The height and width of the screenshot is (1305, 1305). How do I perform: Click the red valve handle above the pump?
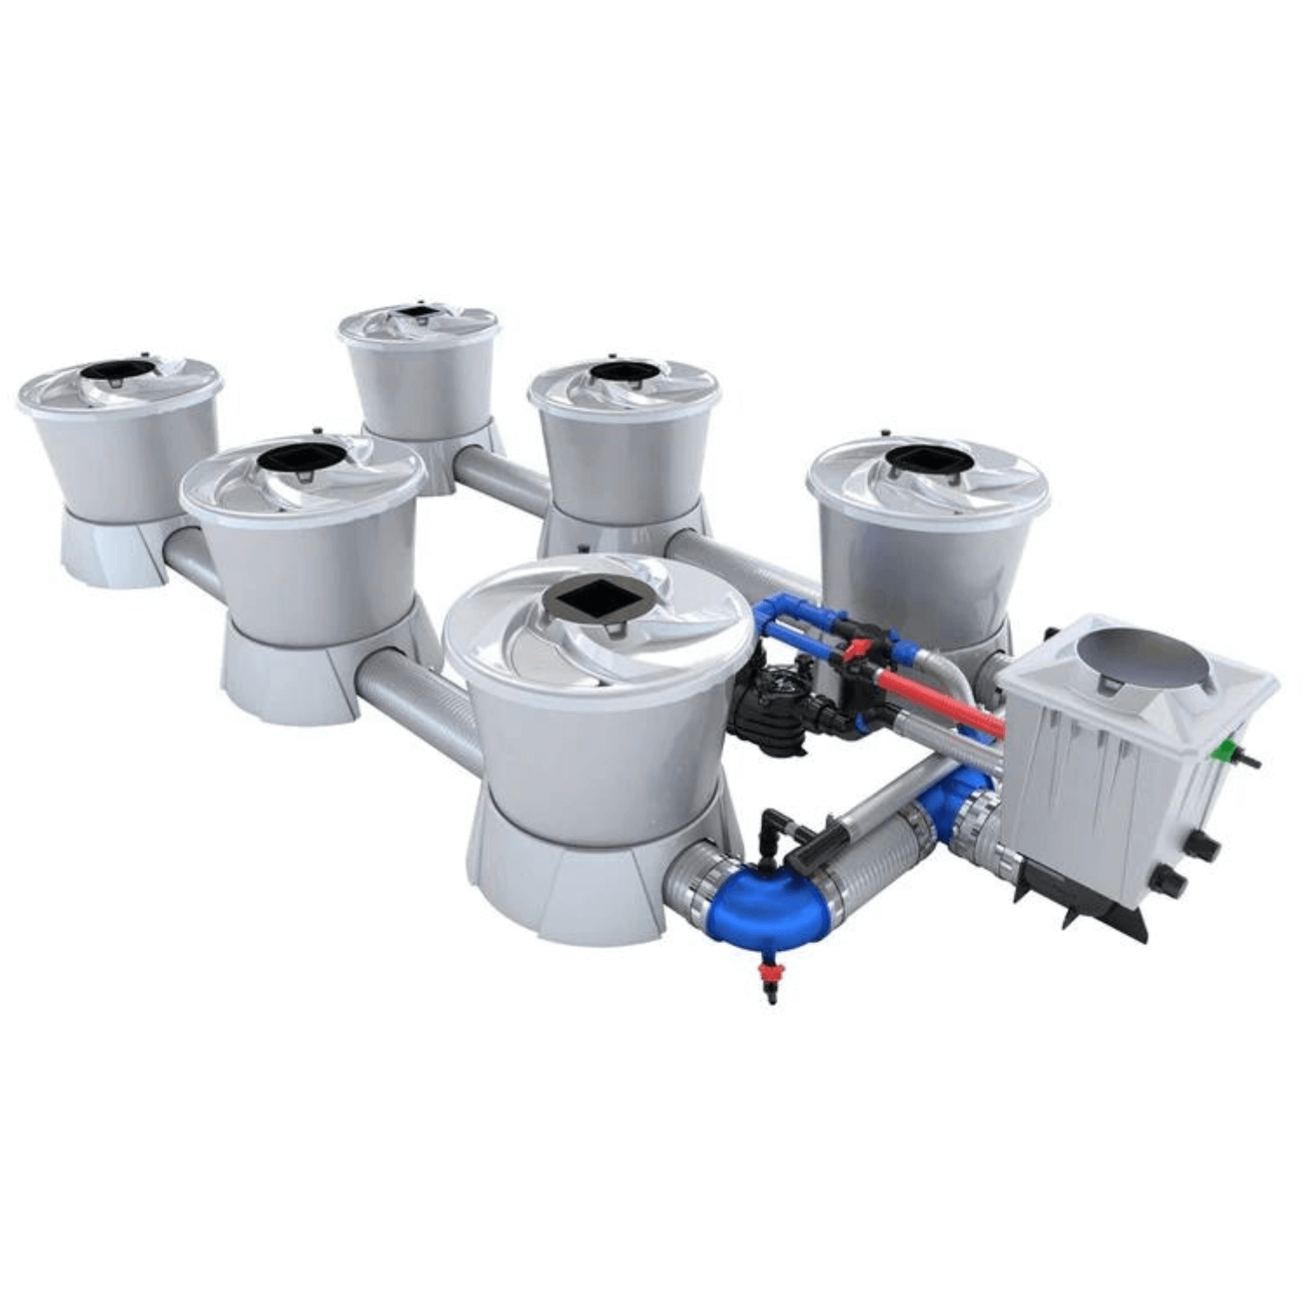tap(857, 648)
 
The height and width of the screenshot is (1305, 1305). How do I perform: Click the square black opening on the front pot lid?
tap(590, 599)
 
